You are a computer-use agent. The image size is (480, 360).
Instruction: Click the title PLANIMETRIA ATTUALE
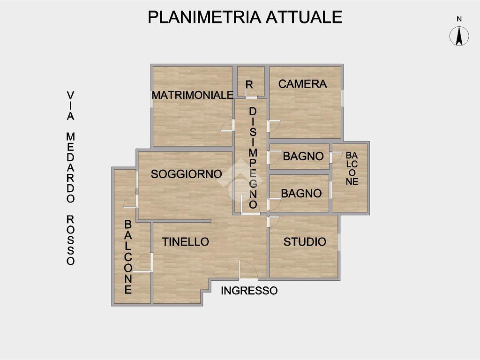click(x=245, y=17)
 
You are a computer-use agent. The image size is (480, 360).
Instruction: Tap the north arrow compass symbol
click(x=459, y=36)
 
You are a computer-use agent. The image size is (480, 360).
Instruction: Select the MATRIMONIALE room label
click(x=193, y=95)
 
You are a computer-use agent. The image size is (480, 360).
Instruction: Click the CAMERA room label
click(x=302, y=84)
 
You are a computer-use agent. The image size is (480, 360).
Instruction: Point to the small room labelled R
click(x=249, y=85)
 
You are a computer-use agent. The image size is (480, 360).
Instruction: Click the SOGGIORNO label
click(x=186, y=174)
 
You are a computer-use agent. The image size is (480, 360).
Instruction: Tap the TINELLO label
click(x=185, y=242)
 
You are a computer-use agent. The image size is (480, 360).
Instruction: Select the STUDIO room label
click(x=305, y=242)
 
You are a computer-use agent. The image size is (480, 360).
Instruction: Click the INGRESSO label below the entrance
click(x=249, y=291)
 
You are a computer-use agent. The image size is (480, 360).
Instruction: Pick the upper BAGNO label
click(x=303, y=157)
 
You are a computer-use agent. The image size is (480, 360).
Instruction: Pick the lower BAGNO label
click(x=301, y=193)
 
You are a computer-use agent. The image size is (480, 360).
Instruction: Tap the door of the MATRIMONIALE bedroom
click(x=228, y=126)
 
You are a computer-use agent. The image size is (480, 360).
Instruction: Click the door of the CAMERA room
click(x=273, y=126)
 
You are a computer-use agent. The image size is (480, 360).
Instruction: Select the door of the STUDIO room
click(x=273, y=221)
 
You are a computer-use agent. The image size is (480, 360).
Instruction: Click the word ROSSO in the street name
click(x=70, y=240)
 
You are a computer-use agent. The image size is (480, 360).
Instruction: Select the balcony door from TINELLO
click(x=143, y=262)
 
